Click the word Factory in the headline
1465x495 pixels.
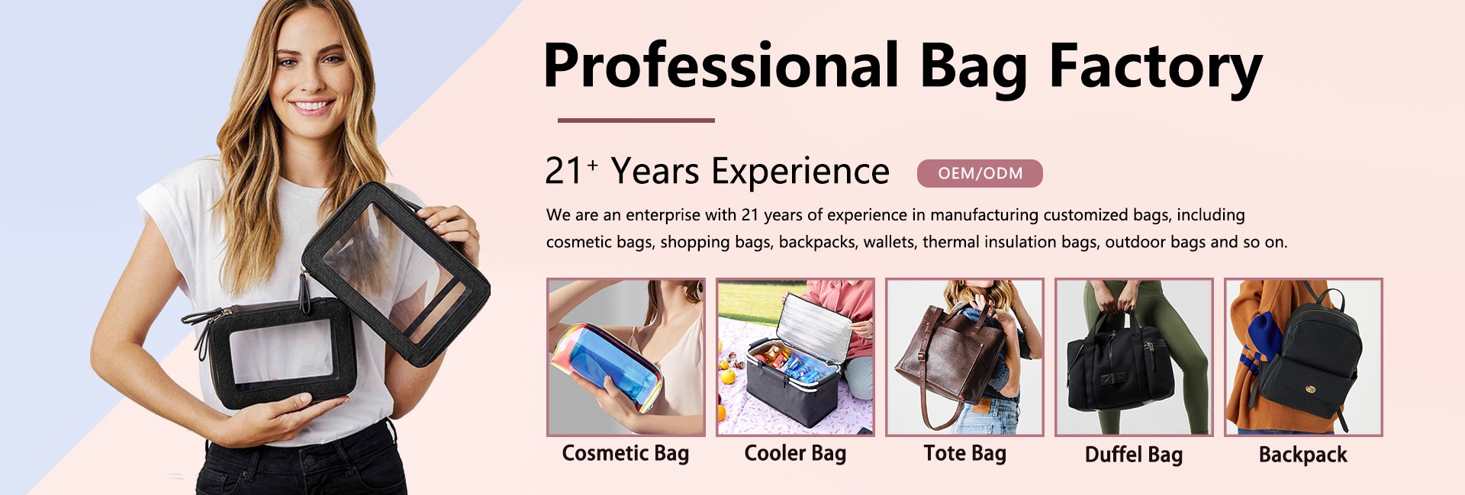(1155, 66)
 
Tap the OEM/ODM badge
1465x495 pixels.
(980, 173)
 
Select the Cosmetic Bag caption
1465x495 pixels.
(626, 454)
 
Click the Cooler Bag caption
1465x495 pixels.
(795, 454)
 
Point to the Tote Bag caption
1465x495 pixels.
(964, 454)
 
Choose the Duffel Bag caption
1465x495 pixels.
(1134, 455)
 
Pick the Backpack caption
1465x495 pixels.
(1303, 455)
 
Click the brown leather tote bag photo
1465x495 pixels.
(964, 357)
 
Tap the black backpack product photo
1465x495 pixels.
(1303, 357)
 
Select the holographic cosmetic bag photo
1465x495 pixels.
(626, 357)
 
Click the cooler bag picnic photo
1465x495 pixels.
(795, 357)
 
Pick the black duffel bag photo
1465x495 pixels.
(1134, 357)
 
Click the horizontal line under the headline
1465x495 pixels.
(636, 120)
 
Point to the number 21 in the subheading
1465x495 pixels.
(564, 172)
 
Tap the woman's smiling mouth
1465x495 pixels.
(313, 106)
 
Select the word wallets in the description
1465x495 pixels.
(889, 243)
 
